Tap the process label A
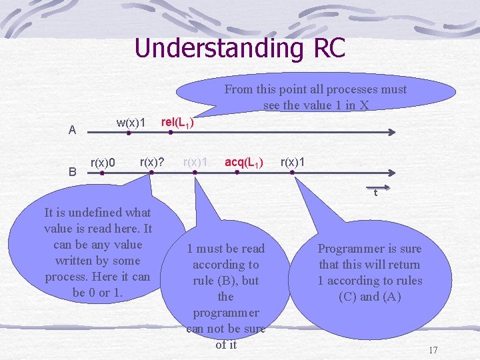tap(72, 130)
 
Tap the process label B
tap(72, 171)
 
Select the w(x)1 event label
tap(131, 123)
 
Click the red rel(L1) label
tap(178, 123)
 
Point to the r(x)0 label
tap(103, 163)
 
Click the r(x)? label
tap(153, 162)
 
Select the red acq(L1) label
tap(244, 162)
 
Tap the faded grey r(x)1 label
tap(197, 162)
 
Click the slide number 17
tap(433, 350)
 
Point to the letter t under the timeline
tap(375, 193)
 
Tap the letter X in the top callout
tap(364, 105)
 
